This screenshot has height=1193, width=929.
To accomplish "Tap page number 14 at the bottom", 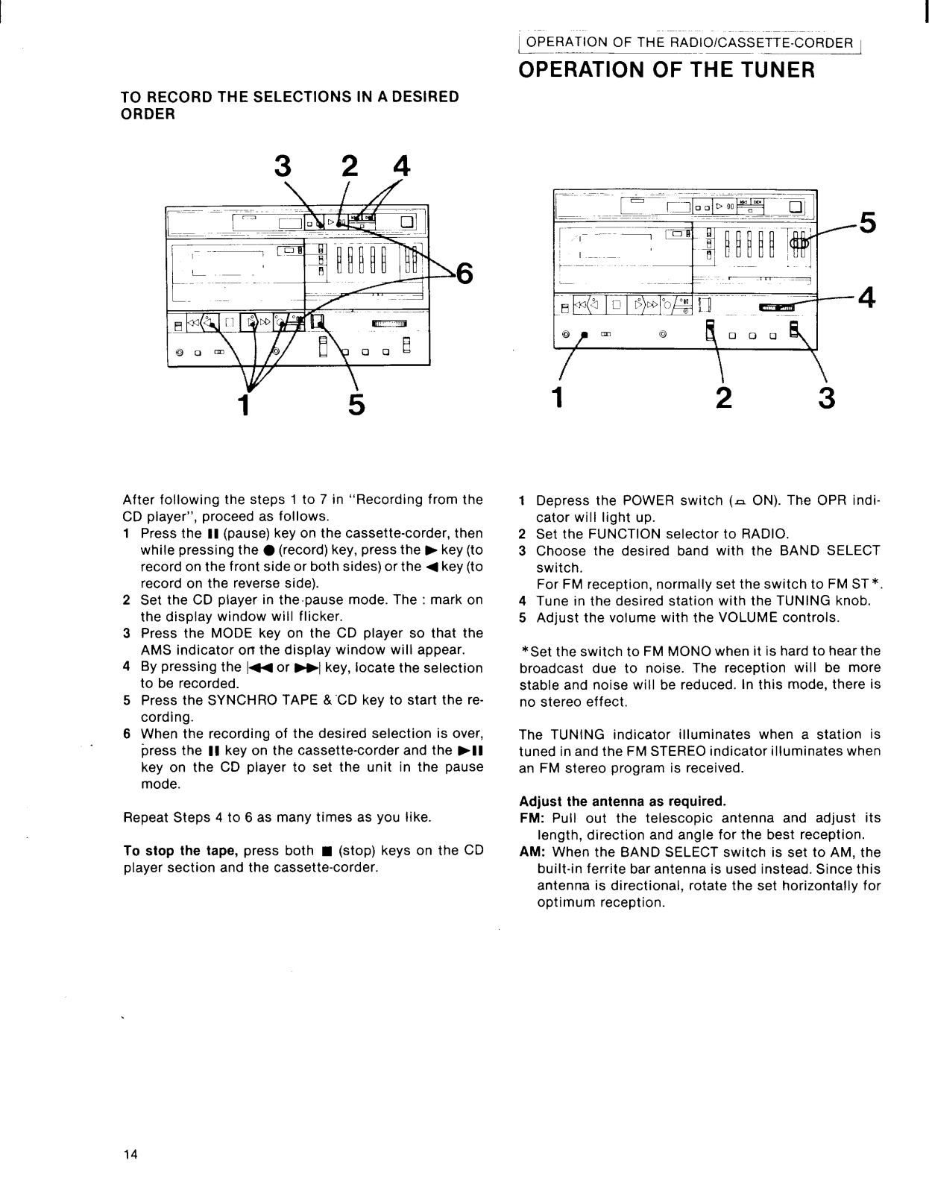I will click(x=130, y=1155).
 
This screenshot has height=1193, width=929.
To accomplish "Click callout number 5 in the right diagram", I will click(x=867, y=223).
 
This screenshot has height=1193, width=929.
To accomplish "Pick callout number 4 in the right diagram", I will click(x=866, y=297).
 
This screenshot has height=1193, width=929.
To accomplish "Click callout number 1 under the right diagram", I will click(x=556, y=399).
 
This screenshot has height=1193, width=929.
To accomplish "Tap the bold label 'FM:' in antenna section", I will click(x=532, y=818).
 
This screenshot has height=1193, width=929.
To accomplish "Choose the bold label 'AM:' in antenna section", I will click(x=532, y=852).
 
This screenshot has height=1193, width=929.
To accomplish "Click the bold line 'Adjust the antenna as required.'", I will click(x=622, y=802).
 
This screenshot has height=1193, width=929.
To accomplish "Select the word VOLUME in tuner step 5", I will click(x=748, y=617).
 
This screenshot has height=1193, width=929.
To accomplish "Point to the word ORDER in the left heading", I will click(x=148, y=114).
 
